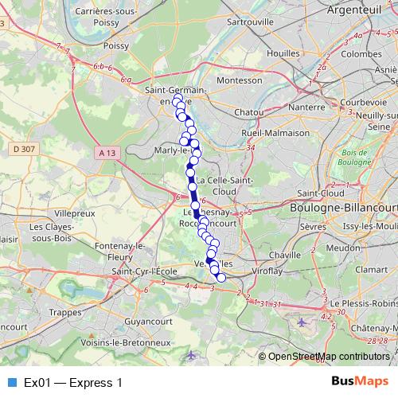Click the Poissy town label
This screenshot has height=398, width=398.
click(116, 46)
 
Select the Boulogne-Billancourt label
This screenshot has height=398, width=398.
click(344, 207)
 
